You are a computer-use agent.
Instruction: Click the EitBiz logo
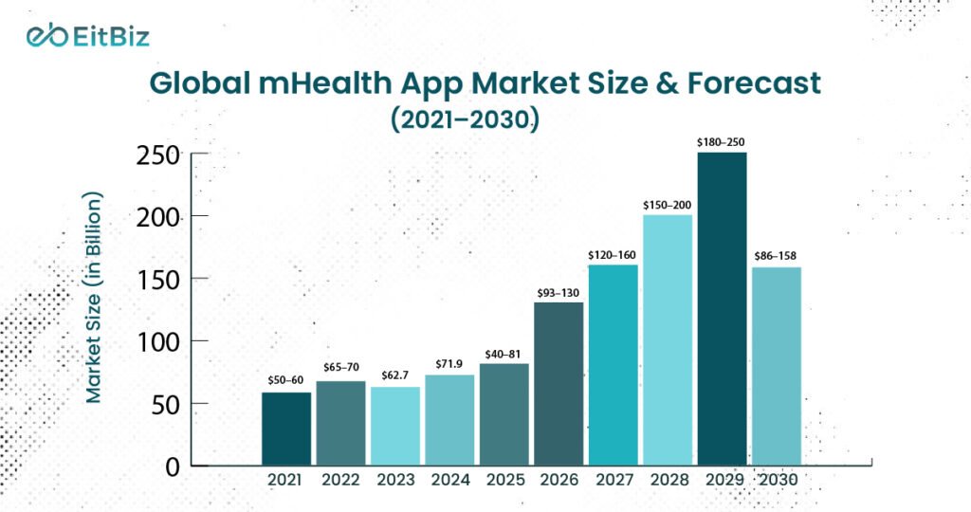(x=87, y=36)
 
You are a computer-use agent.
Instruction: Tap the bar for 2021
(x=285, y=429)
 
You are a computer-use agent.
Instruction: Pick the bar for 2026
(x=559, y=384)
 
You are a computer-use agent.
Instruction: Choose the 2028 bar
(x=668, y=339)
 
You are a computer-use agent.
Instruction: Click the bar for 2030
(x=776, y=366)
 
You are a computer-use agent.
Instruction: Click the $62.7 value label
(x=394, y=376)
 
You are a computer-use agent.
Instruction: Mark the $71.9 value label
(x=449, y=364)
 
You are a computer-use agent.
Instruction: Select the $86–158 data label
(x=777, y=256)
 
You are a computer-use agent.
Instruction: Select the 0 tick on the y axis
(x=172, y=466)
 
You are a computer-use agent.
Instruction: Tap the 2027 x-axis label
(x=614, y=481)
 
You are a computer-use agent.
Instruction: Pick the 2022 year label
(x=339, y=481)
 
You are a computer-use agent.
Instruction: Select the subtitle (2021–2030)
(x=485, y=120)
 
